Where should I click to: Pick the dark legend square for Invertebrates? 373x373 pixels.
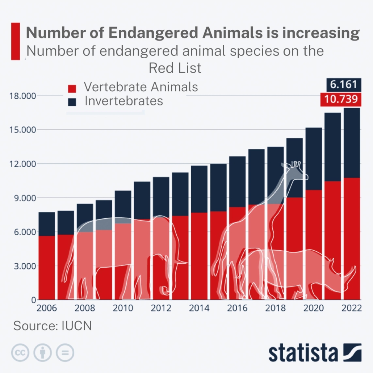(72, 102)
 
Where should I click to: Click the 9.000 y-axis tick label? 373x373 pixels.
(22, 198)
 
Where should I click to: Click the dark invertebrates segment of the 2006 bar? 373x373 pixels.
(47, 224)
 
